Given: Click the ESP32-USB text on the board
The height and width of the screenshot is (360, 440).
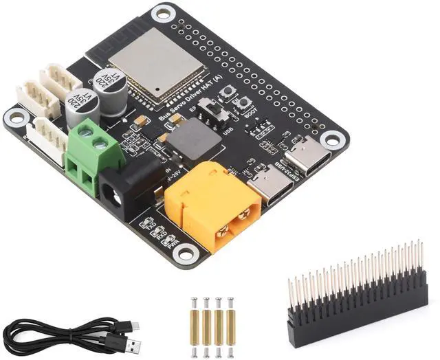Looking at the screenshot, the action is pyautogui.click(x=275, y=171).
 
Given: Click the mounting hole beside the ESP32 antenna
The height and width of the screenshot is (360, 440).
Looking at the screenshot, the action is pyautogui.click(x=163, y=13).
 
